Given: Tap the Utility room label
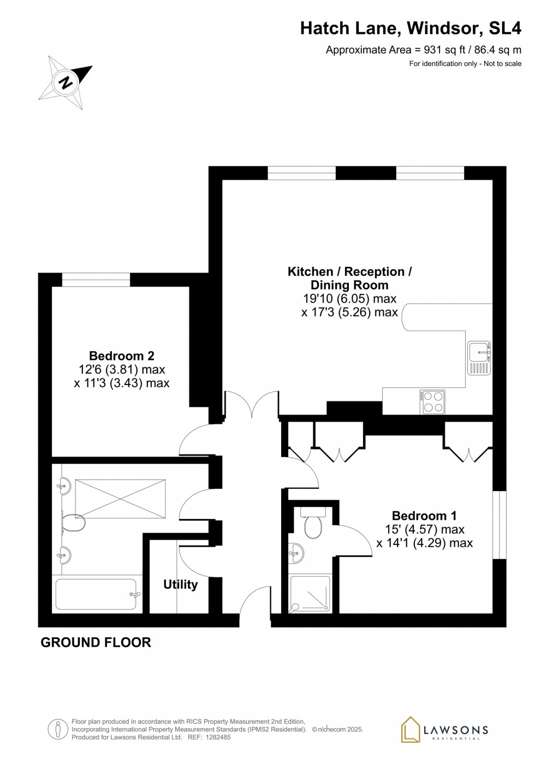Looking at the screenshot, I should pos(180,584).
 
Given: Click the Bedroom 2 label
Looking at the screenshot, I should pos(122,356).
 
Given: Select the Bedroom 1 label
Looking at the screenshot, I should pos(424,516).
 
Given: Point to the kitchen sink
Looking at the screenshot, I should pos(479,358).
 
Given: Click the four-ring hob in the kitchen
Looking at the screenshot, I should pos(432,402).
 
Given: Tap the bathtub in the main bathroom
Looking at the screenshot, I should pos(96,594).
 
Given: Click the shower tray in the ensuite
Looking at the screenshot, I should pos(310,593).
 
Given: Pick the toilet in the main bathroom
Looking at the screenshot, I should pos(73,523).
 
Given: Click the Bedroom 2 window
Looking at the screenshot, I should pos(96,280).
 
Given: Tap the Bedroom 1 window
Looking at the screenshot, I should pos(500,525).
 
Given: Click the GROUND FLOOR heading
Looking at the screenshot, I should pos(96,642).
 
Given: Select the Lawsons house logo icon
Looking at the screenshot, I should pos(410,730).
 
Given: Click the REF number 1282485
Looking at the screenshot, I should pos(217,737).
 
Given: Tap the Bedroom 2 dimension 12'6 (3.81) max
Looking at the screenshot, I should pos(122,370).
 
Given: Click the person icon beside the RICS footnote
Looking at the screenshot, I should pos(57,729).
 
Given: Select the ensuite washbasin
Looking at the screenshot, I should pos(295,553).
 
